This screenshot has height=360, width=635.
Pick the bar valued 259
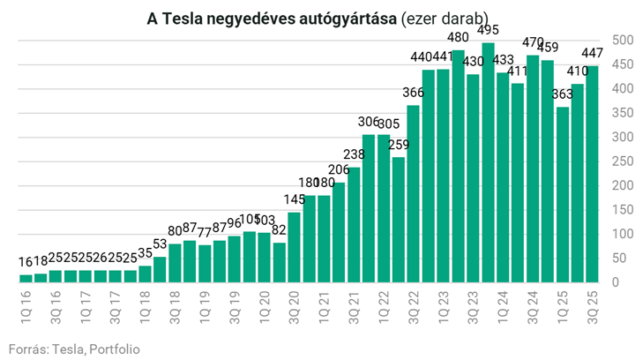[398, 220]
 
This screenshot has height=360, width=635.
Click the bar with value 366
[413, 194]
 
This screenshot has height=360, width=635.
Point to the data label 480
[458, 37]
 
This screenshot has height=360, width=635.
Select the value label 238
[354, 154]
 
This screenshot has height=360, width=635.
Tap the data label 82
[279, 230]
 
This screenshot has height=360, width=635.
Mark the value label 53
[160, 244]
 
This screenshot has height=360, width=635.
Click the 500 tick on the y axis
[622, 41]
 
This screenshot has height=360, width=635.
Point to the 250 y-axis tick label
[622, 161]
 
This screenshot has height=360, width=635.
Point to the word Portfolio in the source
[114, 349]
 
